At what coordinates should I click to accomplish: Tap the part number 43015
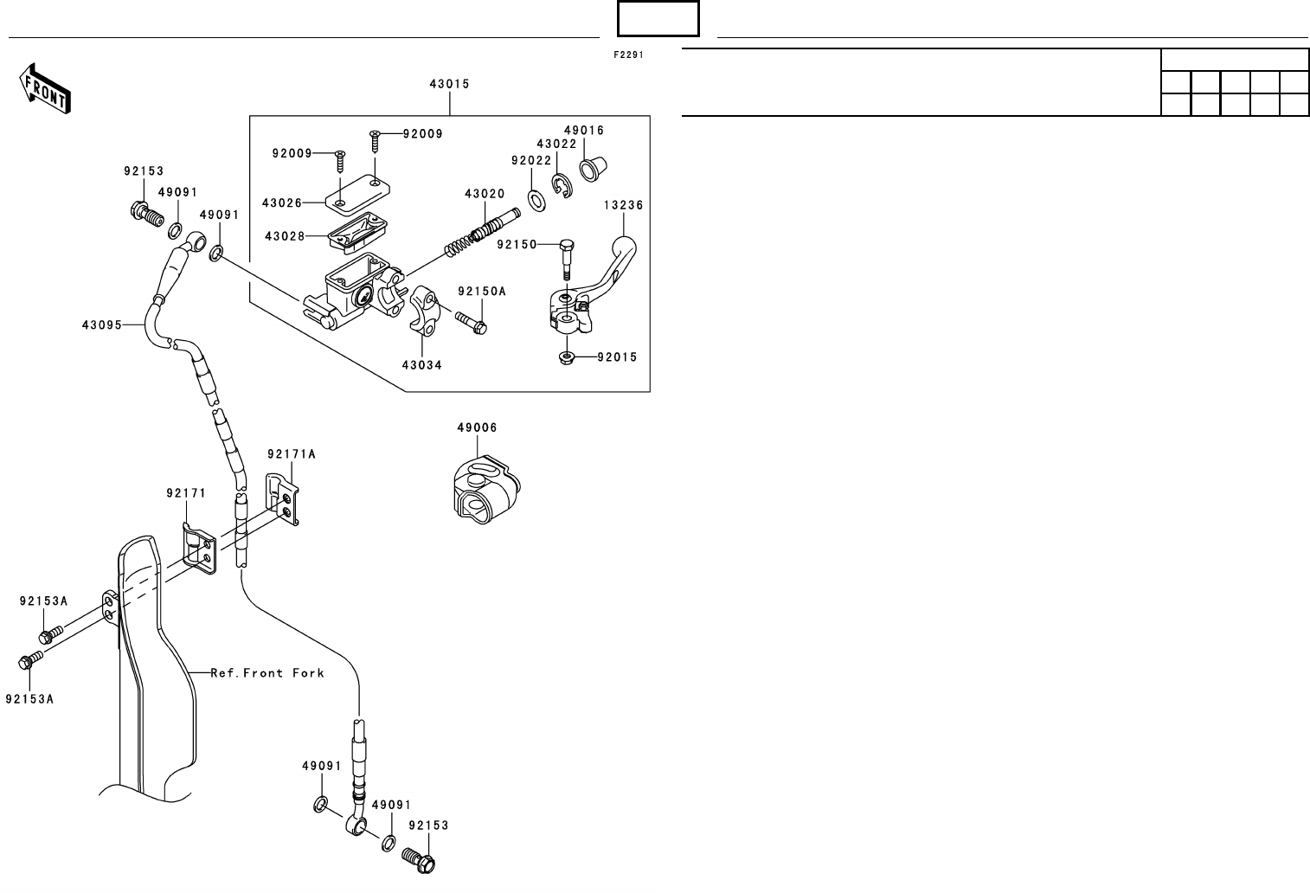point(449,85)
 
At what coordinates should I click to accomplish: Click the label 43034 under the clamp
point(421,365)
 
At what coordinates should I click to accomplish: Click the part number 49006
point(477,427)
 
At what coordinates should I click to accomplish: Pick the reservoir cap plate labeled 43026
point(352,192)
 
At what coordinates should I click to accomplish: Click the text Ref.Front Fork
point(267,672)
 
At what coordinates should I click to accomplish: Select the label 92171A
point(292,453)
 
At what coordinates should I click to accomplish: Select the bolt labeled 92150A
point(472,323)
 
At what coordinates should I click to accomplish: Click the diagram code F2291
point(629,55)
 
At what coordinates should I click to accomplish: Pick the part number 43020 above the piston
point(484,194)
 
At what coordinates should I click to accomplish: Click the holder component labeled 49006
point(485,491)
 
